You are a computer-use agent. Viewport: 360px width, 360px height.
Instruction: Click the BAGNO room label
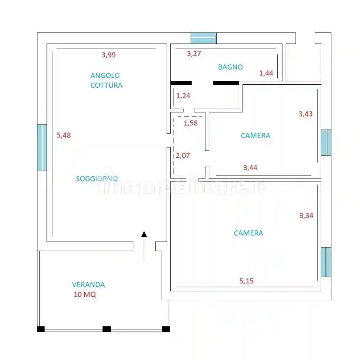[230, 67]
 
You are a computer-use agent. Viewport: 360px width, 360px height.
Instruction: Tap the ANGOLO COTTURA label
[106, 80]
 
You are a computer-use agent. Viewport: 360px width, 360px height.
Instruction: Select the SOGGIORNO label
[97, 179]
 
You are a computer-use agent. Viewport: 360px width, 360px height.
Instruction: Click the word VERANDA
[88, 285]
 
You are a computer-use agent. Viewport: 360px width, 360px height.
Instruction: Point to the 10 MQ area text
[85, 295]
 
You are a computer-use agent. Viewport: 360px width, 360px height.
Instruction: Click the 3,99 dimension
[109, 55]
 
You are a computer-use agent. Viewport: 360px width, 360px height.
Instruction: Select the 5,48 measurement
[63, 135]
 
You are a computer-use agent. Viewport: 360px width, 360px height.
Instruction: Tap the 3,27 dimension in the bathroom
[194, 53]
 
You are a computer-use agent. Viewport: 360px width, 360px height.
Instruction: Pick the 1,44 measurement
[266, 73]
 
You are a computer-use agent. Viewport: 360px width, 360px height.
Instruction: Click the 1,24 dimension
[183, 96]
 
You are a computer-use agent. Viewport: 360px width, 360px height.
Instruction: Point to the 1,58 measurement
[191, 123]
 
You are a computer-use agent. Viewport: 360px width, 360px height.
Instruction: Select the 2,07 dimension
[183, 155]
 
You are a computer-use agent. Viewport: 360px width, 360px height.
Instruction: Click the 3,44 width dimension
[250, 168]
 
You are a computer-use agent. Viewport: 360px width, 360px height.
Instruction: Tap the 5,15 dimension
[247, 281]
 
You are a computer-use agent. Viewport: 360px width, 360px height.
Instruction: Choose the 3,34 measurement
[306, 215]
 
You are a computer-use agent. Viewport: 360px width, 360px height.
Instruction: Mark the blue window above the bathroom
[204, 38]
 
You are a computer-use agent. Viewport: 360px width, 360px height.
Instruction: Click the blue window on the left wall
[42, 147]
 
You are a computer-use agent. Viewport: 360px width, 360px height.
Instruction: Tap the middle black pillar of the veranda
[107, 329]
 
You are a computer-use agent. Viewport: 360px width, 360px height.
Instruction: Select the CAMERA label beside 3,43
[255, 135]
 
